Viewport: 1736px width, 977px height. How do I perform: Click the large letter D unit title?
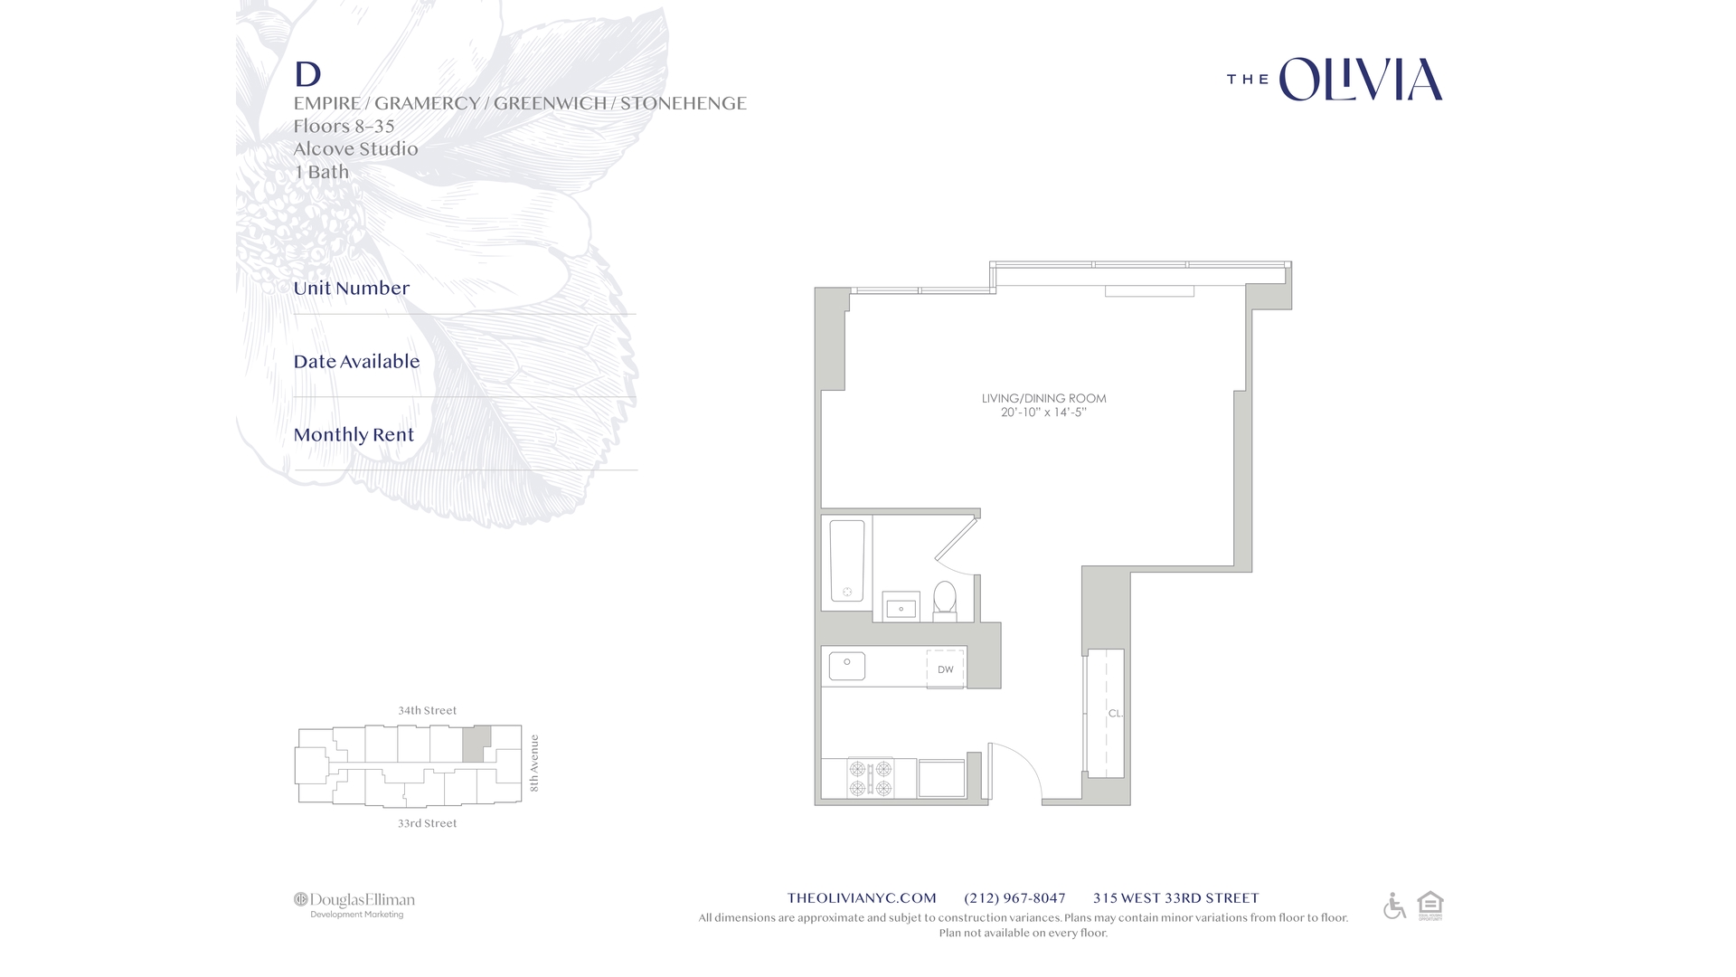pos(307,74)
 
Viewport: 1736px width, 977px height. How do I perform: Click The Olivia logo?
pos(1335,80)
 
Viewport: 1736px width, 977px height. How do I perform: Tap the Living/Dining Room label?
pos(1043,398)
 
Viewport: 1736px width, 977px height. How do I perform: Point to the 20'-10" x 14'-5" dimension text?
pos(1043,413)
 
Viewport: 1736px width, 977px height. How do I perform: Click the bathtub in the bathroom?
pos(847,561)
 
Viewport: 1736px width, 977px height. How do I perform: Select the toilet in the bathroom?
pos(945,600)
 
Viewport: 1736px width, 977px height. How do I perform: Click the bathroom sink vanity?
pos(901,607)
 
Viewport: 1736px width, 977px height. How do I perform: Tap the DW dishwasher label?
pos(945,669)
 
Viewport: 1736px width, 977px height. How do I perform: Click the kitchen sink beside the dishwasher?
pos(847,667)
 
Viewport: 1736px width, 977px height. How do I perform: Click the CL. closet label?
pos(1115,714)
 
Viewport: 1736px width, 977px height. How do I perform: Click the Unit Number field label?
pos(351,289)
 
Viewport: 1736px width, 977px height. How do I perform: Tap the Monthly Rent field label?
pos(354,435)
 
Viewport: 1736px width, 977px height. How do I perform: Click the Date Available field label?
pos(356,362)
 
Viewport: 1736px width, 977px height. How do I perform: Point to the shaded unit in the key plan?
pos(476,743)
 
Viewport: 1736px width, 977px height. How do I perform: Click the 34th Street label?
pos(427,711)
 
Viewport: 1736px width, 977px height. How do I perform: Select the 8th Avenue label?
pos(534,764)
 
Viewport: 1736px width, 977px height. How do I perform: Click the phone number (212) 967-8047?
pos(1014,898)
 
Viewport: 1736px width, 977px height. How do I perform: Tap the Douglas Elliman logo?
pos(354,904)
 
